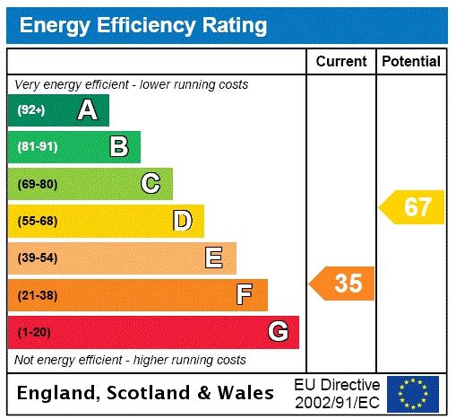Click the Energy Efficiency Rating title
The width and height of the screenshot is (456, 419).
[143, 25]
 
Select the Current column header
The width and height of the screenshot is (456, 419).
[341, 61]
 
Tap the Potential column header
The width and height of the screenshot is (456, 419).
[411, 61]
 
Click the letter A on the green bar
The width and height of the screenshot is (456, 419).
[87, 110]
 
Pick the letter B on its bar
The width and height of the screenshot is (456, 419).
[118, 146]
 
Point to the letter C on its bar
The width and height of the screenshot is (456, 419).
[151, 184]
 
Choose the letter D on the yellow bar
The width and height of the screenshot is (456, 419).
[182, 221]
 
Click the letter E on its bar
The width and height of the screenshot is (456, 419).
[213, 258]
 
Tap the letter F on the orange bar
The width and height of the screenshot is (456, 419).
[244, 294]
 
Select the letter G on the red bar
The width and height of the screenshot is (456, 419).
[278, 332]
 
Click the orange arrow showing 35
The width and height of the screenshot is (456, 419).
[343, 284]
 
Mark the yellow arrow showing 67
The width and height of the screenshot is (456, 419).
[413, 207]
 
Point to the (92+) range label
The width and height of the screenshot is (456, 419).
[31, 110]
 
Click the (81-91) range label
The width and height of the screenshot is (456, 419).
[37, 146]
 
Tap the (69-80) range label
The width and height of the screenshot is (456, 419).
[37, 184]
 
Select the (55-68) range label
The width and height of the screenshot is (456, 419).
[37, 221]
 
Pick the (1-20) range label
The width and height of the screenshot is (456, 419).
[34, 332]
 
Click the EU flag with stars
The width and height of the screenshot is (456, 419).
[412, 393]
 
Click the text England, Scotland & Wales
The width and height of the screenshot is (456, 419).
[146, 393]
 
